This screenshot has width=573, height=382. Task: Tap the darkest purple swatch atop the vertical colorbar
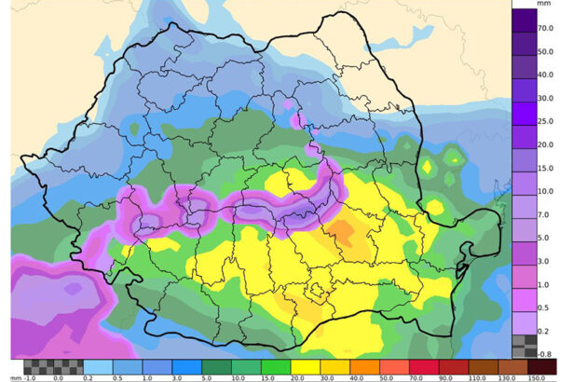(524, 19)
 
